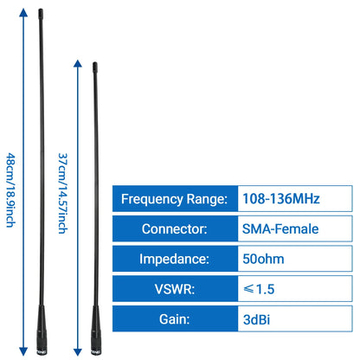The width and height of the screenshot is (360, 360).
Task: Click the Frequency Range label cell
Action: coord(175,199)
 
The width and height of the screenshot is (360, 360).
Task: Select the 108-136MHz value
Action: coord(281,199)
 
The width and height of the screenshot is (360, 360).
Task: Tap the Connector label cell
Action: coord(175,228)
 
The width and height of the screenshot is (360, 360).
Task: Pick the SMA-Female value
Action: coord(280,228)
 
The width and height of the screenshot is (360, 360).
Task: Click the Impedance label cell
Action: coord(175,259)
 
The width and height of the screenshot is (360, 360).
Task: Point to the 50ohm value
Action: coord(263,259)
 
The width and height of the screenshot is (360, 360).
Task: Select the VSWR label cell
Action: coord(175,289)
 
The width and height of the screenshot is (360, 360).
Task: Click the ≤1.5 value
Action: coord(259,289)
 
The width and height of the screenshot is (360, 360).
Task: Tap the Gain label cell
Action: coord(175,318)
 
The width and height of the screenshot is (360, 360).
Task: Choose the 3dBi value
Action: coord(256,319)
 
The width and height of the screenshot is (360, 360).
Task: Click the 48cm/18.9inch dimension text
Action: coord(10,190)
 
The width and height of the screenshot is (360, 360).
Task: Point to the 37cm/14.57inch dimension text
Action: coord(62,193)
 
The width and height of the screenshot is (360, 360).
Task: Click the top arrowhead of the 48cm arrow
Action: coord(23,12)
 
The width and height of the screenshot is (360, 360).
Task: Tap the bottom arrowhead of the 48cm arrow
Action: coord(23,351)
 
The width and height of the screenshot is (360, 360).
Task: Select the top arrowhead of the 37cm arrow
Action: coord(78,63)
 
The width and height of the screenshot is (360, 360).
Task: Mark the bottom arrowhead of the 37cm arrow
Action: coord(78,351)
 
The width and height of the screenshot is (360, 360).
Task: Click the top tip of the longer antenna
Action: coord(41,10)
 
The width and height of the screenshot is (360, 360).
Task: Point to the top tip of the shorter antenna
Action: coord(94,63)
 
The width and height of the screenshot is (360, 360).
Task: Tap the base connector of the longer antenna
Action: coord(42,344)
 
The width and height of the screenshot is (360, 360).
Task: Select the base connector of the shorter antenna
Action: coord(96,344)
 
